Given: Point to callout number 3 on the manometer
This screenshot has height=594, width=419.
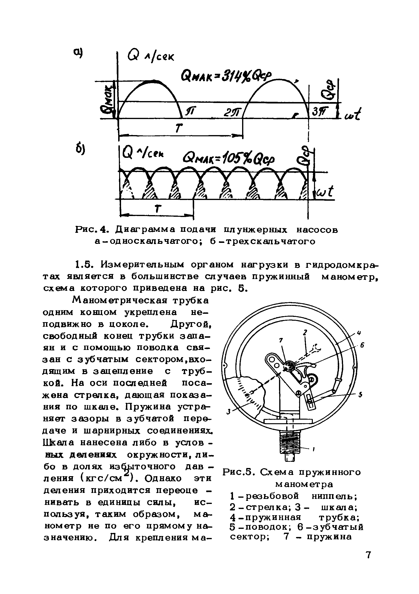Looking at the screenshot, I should pos(228,411).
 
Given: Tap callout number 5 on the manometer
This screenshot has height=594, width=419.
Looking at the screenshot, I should pos(360,395).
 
